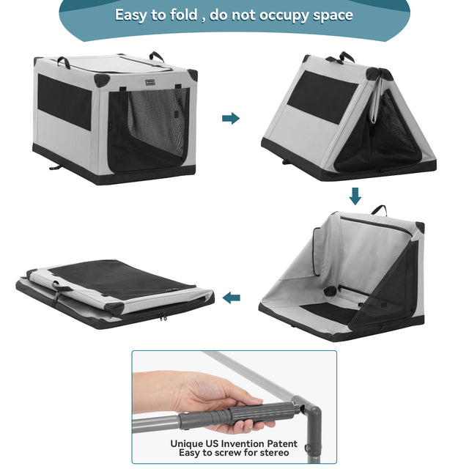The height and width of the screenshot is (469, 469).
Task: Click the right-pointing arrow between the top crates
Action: pos(231,118)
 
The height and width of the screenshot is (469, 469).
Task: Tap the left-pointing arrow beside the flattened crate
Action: pos(231,298)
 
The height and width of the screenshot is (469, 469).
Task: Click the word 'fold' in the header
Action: pos(182,15)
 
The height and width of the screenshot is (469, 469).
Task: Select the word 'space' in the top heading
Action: pos(327,15)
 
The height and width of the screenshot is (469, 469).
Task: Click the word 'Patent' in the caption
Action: pos(280,443)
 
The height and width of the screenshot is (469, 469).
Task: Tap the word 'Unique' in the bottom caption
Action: pos(188,443)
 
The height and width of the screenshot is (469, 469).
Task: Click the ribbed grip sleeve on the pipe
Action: pos(249,415)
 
